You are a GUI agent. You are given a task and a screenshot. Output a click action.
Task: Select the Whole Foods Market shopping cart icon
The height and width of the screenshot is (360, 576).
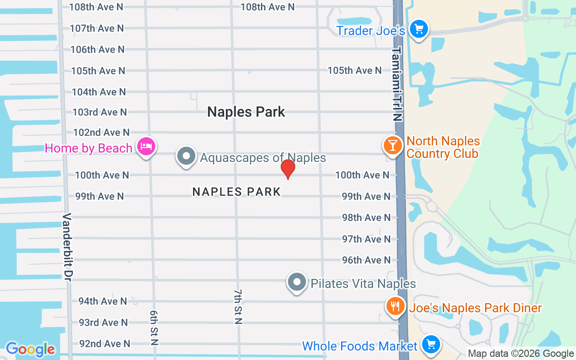tap(431, 345)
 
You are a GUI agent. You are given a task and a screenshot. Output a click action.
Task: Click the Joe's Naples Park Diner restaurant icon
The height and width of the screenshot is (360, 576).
tap(395, 307)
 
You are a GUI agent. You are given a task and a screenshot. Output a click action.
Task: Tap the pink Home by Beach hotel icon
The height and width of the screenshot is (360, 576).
tap(146, 147)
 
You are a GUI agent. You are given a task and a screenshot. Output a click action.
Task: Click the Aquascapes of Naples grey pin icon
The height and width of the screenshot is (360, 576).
tap(186, 157)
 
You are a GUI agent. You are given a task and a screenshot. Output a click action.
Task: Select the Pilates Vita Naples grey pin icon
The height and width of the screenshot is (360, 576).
tap(297, 282)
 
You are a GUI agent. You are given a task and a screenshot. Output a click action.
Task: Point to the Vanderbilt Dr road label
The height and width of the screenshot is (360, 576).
tap(67, 247)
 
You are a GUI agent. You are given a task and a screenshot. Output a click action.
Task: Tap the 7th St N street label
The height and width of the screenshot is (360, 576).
tap(238, 306)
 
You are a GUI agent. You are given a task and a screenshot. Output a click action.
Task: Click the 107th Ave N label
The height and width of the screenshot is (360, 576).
tap(97, 28)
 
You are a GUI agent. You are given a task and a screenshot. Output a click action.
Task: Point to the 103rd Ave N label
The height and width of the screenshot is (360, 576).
tap(100, 112)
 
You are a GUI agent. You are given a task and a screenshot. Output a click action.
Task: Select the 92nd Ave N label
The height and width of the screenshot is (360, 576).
tap(105, 344)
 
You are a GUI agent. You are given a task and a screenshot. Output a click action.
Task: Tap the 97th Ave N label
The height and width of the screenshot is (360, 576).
tap(366, 239)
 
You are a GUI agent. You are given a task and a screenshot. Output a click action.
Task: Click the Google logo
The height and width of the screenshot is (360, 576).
tap(30, 349)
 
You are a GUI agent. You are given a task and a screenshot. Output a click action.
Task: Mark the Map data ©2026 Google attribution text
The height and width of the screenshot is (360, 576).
tap(521, 354)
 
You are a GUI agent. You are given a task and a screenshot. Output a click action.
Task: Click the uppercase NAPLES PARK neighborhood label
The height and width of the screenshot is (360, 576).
tap(237, 192)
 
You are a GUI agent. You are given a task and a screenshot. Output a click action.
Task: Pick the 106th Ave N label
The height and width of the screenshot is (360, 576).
tap(97, 49)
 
